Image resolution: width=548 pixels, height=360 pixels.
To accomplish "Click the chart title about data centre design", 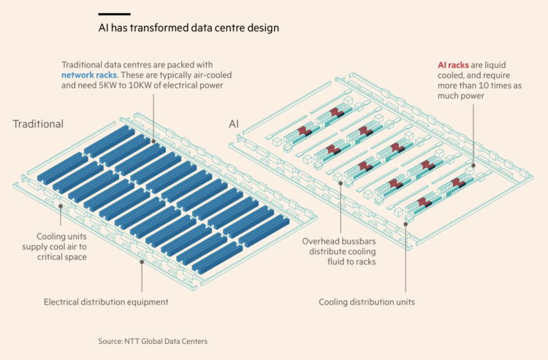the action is click(189, 28).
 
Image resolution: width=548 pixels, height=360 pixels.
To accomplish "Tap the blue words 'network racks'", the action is click(89, 75).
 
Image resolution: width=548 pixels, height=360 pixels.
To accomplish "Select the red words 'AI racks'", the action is click(453, 65).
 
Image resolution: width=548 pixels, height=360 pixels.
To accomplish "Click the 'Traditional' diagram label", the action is click(38, 124).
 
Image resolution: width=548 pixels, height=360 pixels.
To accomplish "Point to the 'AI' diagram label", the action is click(234, 124).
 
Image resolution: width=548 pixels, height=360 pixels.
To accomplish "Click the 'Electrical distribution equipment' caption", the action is click(106, 302).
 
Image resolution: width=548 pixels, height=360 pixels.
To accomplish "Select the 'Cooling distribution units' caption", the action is click(367, 302).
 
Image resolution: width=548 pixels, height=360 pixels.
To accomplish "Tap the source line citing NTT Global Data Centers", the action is click(153, 341).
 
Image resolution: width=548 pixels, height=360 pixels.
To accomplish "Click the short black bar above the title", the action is click(114, 15).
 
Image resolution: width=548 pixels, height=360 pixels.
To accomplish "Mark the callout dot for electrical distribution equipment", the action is click(142, 262).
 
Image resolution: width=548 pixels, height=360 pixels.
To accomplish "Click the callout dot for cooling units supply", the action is click(61, 207).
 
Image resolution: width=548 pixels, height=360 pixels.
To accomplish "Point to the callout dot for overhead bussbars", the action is click(340, 183).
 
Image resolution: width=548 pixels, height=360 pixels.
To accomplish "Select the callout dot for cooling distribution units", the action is click(406, 224).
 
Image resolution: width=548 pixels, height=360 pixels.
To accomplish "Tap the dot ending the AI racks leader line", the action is click(473, 166).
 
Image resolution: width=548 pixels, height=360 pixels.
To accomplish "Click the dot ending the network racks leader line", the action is click(153, 142).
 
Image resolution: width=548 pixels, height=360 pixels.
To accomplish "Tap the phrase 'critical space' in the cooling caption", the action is click(62, 257).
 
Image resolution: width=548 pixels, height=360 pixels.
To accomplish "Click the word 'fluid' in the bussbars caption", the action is click(335, 261).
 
